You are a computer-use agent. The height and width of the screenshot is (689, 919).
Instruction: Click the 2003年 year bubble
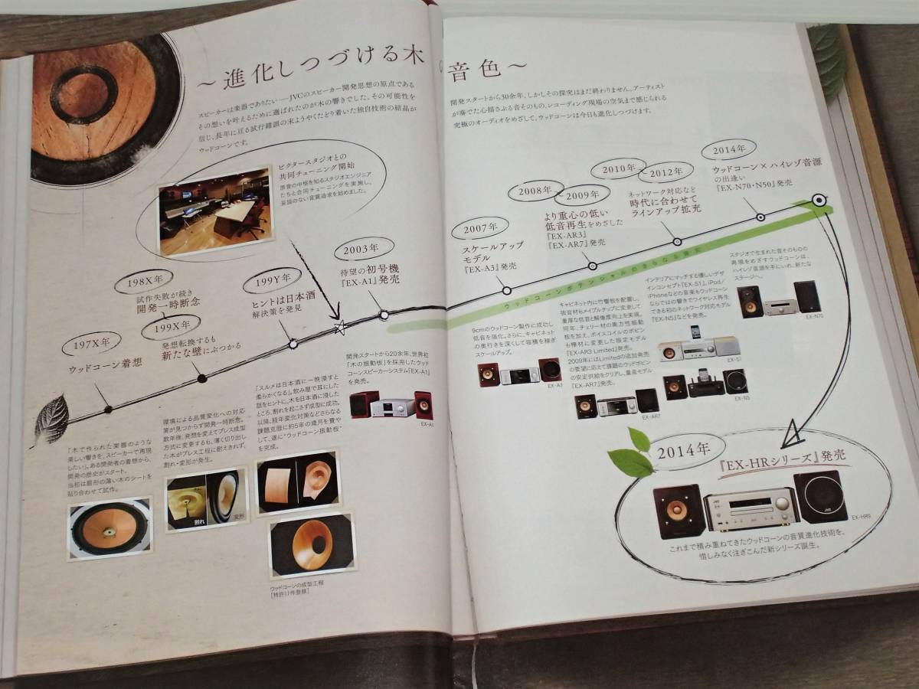pyautogui.click(x=364, y=247)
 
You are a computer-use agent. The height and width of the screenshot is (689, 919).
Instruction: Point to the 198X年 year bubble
pyautogui.click(x=145, y=280)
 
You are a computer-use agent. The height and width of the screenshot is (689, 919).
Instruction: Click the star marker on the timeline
pyautogui.click(x=340, y=328)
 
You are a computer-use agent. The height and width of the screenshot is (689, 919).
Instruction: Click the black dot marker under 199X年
pyautogui.click(x=201, y=377)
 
